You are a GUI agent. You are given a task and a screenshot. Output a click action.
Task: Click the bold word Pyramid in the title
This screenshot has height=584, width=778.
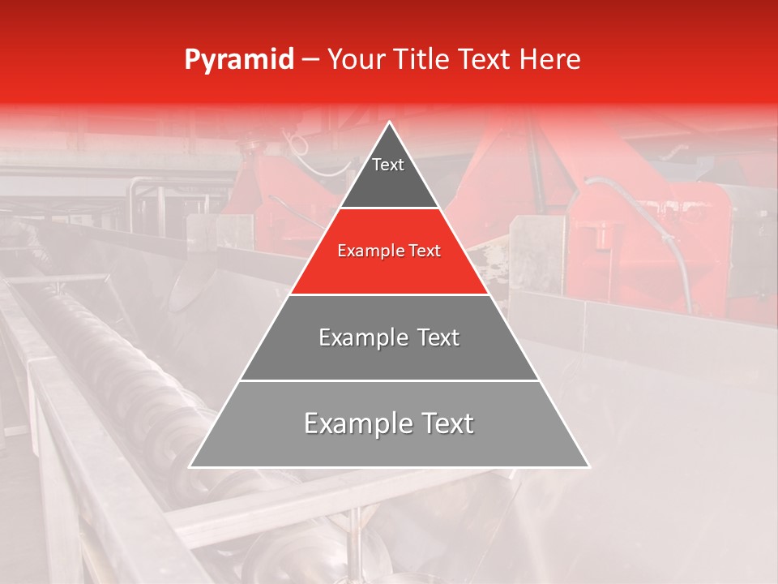[x=238, y=60]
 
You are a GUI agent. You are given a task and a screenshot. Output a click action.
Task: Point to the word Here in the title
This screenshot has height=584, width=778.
[x=550, y=60]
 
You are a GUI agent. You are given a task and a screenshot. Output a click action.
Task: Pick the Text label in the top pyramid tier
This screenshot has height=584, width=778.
[x=388, y=165]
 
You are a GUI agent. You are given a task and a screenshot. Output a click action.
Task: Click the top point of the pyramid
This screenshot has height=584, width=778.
[x=390, y=123]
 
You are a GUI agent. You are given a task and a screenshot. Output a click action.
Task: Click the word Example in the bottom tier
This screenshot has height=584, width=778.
[x=354, y=423]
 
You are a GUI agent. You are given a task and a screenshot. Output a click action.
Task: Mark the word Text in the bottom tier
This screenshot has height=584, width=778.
[x=447, y=423]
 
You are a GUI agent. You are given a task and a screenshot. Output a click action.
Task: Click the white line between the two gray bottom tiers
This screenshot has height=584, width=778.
[x=390, y=380]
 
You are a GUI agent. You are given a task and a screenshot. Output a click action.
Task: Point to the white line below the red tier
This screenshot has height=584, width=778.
[x=390, y=294]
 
